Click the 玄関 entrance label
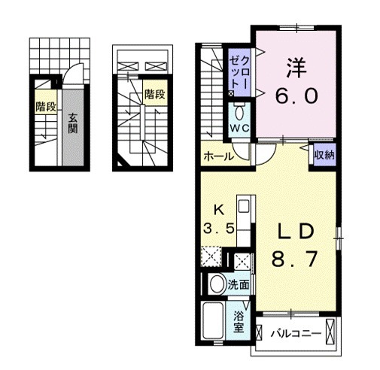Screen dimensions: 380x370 click(x=72, y=123)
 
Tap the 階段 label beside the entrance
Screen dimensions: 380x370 click(x=45, y=107)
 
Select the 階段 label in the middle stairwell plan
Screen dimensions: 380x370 click(x=155, y=94)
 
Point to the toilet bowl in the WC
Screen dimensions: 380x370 click(x=239, y=114)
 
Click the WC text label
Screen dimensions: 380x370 click(x=240, y=129)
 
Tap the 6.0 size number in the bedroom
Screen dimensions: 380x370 click(x=296, y=96)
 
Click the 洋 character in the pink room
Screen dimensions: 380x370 click(x=296, y=68)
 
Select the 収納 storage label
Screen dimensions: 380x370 click(x=324, y=156)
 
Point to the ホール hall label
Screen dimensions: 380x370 click(x=218, y=156)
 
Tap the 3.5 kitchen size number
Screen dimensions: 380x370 click(x=219, y=228)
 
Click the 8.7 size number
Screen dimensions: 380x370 click(x=294, y=259)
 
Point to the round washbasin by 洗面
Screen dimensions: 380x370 click(x=217, y=284)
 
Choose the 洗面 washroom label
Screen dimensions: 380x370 click(x=239, y=285)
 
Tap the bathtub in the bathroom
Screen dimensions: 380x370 click(x=213, y=320)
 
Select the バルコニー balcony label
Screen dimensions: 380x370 click(x=296, y=334)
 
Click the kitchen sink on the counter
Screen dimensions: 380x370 click(x=244, y=207)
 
